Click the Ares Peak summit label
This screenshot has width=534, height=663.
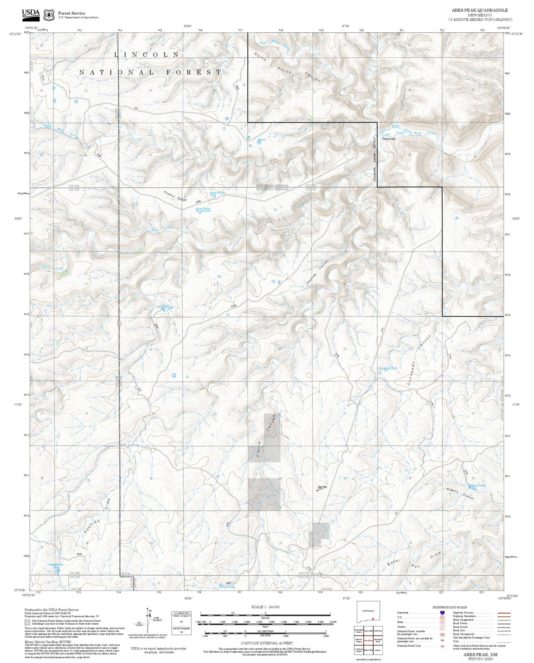(322, 487)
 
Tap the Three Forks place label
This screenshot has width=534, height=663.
(389, 139)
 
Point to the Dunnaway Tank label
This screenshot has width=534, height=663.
(387, 368)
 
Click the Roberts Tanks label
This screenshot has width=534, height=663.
(477, 485)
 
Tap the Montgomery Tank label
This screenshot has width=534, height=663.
(56, 566)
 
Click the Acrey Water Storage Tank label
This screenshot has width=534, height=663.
(203, 209)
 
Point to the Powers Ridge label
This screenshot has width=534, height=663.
(175, 196)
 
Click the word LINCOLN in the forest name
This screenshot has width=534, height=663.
(147, 55)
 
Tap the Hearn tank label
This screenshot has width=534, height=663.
(262, 140)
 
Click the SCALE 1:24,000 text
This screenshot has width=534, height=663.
(265, 607)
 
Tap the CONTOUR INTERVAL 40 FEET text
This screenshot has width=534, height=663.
(267, 643)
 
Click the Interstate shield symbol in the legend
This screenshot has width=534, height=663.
(442, 612)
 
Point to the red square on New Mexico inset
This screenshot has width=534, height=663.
(373, 619)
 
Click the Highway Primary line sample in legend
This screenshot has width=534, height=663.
(503, 613)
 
